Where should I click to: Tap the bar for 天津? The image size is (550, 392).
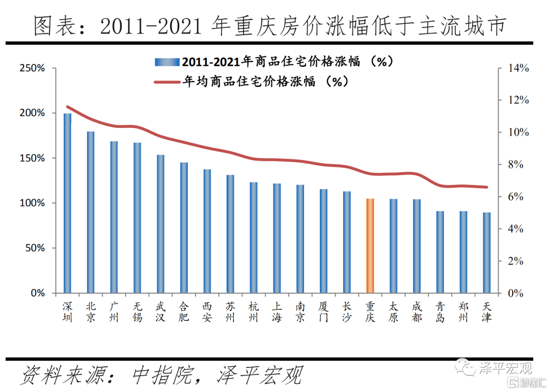click(x=486, y=252)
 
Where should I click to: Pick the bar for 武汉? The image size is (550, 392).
click(x=160, y=224)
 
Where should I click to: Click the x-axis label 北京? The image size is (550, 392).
click(x=91, y=312)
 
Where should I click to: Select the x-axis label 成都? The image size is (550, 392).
click(x=417, y=312)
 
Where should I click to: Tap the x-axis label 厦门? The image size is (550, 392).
click(x=323, y=312)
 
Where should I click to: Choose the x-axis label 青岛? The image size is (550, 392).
click(x=440, y=312)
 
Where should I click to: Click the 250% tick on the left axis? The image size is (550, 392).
click(x=32, y=68)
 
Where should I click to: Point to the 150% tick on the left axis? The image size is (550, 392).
click(x=32, y=158)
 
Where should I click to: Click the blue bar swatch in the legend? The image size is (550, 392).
click(x=168, y=62)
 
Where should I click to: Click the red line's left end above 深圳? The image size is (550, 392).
click(x=68, y=107)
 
